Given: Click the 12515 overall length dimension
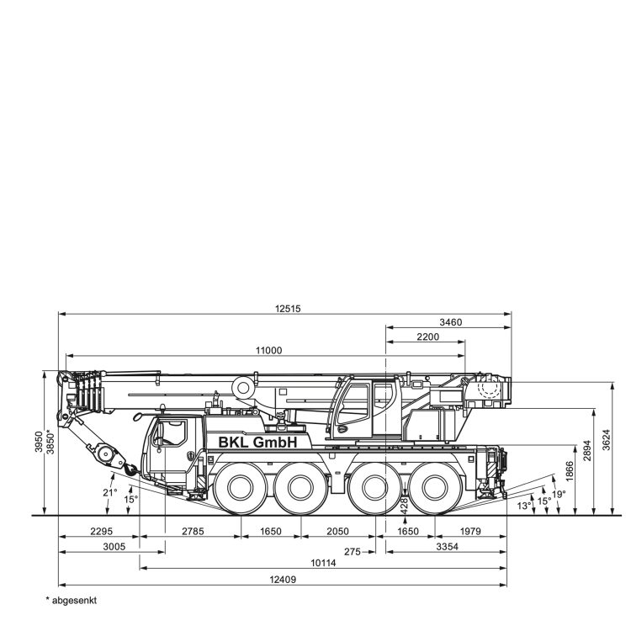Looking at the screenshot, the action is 288,309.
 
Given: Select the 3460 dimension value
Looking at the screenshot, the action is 451,322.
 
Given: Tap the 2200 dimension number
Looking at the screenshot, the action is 427,337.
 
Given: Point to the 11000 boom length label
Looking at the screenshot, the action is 269,351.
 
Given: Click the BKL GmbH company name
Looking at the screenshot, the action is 257,442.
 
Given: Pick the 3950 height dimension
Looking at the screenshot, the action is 39,442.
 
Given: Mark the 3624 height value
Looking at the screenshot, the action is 607,440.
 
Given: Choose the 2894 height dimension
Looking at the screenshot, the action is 587,451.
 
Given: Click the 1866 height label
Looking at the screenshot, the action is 569,471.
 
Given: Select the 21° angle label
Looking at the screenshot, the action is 109,492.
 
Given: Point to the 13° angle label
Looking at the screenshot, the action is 524,506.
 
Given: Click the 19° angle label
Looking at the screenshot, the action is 559,494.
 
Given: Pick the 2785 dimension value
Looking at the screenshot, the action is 193,532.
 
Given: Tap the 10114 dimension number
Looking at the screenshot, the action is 323,563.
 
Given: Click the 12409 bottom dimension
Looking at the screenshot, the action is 283,580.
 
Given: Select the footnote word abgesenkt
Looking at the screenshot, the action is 74,601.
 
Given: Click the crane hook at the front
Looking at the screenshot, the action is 130,469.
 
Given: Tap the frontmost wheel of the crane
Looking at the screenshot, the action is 241,488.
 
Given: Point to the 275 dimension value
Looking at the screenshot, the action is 353,552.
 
